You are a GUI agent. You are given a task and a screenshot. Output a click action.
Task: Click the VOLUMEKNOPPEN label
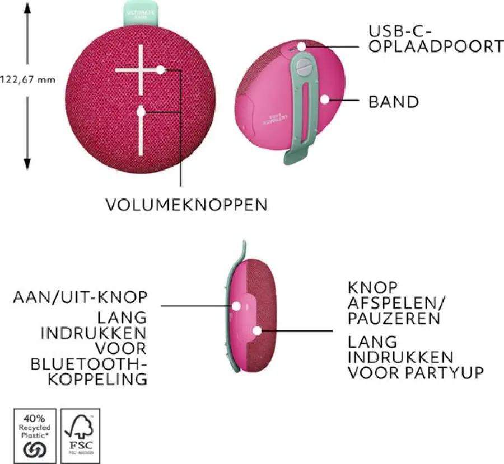186,204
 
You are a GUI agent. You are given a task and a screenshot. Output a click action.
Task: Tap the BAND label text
393,102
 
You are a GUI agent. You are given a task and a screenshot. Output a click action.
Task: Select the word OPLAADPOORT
436,46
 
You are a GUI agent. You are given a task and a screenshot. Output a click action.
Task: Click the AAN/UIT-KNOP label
80,297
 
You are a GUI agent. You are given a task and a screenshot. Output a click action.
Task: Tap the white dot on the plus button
161,70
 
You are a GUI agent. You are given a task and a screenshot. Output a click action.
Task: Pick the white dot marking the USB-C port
302,47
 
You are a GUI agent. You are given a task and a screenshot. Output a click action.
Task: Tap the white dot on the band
324,100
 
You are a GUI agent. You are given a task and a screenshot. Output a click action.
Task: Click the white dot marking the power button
237,306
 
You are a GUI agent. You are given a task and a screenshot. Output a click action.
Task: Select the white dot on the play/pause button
256,330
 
